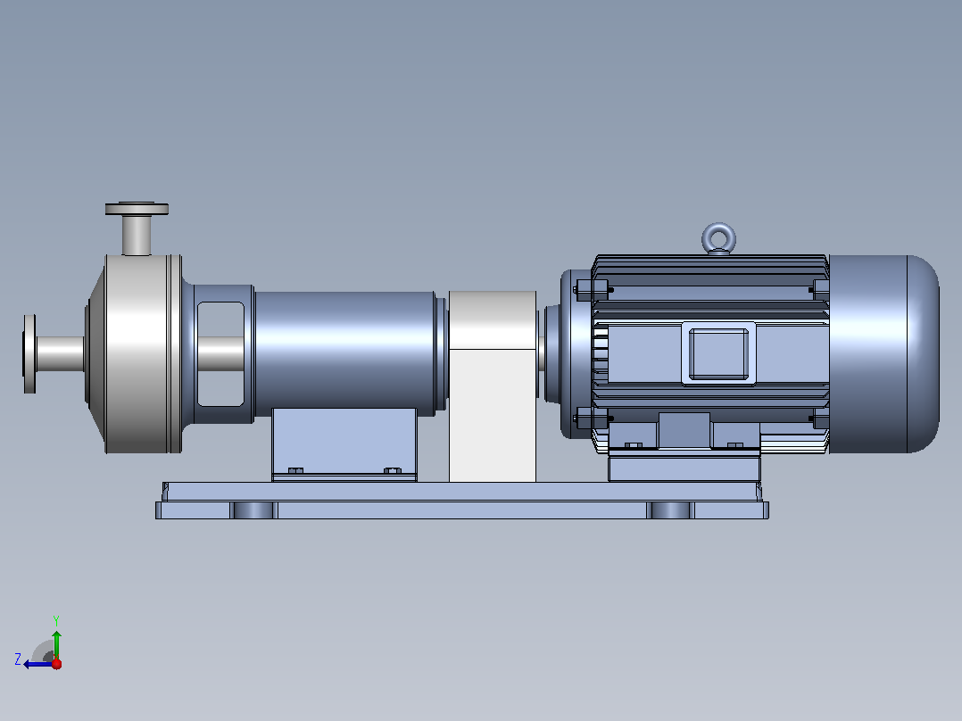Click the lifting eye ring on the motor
(x=718, y=226)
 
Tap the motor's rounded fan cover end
(x=884, y=354)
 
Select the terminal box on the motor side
(x=718, y=353)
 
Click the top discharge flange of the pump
(x=137, y=209)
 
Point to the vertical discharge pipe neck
(x=137, y=235)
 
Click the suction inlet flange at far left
(x=29, y=354)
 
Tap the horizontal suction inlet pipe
(x=60, y=354)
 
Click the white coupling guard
(x=493, y=386)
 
